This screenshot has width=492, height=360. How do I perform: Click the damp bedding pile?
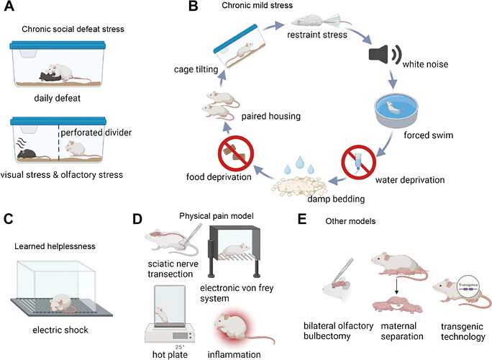pyautogui.click(x=297, y=192)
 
